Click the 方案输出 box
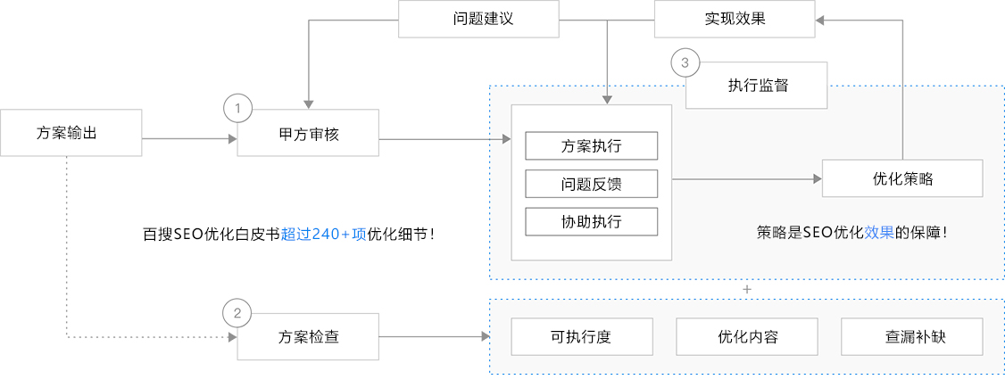pos(71,132)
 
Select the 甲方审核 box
pos(308,133)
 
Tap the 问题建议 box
pos(478,19)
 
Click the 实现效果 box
pos(734,19)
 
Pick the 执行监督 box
pos(757,86)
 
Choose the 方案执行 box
pos(591,145)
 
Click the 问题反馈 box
pos(591,184)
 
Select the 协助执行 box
pos(591,221)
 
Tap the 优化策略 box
pos(901,178)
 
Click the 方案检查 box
pos(308,337)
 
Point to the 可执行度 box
pos(580,337)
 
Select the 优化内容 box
pos(747,337)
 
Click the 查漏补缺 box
pos(911,337)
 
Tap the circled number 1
pos(237,109)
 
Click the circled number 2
pos(237,313)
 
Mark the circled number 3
pos(685,62)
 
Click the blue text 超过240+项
pos(323,235)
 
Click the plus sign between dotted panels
pos(747,290)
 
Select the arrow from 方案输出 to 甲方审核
pos(187,138)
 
